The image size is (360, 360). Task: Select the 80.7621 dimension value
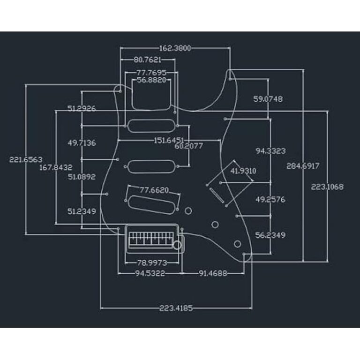[148, 60]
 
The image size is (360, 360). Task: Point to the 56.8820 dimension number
[151, 80]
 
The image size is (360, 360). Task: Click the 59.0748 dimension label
[268, 99]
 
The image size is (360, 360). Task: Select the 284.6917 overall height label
[303, 166]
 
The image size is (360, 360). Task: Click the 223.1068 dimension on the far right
[327, 187]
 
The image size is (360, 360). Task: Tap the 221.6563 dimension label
[26, 159]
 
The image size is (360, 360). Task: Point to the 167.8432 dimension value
[56, 167]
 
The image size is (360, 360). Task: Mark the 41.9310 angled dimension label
[243, 171]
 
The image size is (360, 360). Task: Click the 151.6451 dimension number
[169, 140]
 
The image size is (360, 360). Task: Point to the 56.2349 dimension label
[270, 235]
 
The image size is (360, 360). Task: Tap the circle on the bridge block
[177, 245]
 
